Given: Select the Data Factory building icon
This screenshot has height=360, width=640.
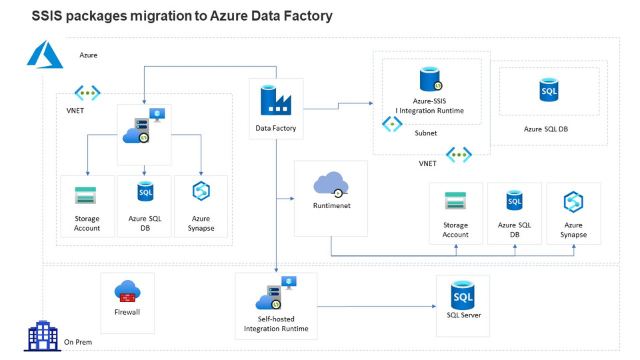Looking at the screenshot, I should click(276, 100).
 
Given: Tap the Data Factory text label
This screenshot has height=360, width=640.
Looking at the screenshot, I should click(276, 128).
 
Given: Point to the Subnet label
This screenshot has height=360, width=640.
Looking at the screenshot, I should click(426, 133).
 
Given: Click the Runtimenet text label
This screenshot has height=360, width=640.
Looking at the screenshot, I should click(331, 206).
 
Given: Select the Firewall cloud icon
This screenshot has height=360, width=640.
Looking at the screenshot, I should click(127, 291).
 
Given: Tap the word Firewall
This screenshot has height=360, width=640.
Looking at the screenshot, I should click(127, 312).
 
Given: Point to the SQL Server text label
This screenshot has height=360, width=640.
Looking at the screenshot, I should click(463, 315).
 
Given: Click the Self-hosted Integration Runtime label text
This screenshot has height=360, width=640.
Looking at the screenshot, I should click(276, 324).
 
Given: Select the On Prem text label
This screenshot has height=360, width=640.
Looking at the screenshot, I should click(78, 342).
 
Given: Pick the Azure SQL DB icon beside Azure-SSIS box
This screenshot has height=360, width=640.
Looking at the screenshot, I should click(549, 90).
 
